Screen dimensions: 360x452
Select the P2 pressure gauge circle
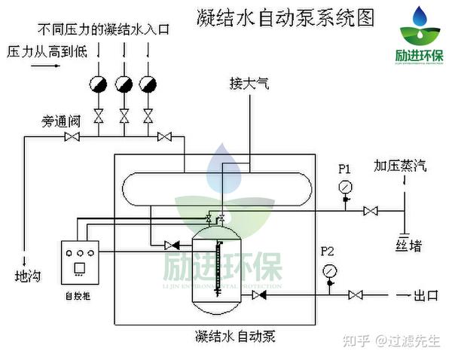click(x=328, y=270)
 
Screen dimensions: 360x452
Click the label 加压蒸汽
click(x=400, y=166)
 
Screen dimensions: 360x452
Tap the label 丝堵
click(x=408, y=246)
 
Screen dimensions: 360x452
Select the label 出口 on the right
click(x=426, y=295)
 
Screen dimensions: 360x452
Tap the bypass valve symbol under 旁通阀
click(x=73, y=136)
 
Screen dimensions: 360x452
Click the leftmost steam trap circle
click(x=98, y=82)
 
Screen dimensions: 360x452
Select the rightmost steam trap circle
click(x=148, y=82)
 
